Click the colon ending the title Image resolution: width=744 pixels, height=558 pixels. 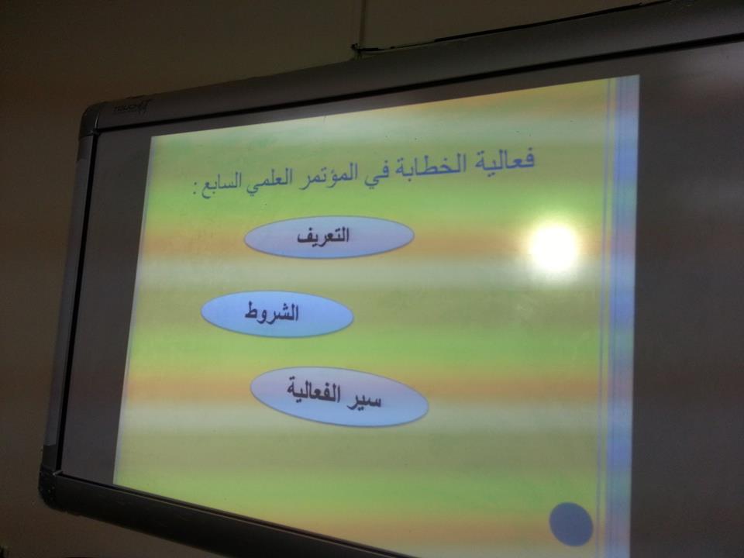coord(196,191)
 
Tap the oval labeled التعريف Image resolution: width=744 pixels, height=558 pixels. coord(329,236)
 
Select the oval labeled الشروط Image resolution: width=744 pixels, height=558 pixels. coord(277,314)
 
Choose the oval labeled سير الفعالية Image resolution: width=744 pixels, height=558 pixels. coord(339,396)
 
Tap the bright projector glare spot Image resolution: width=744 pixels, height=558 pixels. coord(554,249)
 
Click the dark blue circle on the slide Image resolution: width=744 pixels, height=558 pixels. coord(571,525)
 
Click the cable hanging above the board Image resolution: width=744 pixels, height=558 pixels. coord(364,22)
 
